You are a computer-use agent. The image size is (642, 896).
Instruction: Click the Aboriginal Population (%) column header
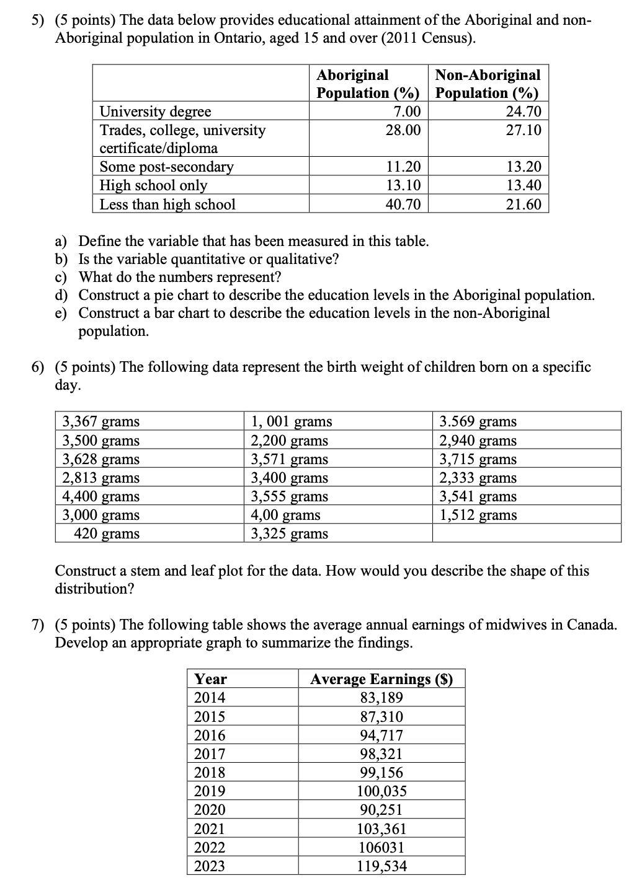(368, 84)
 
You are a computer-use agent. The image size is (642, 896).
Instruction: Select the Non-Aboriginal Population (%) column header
(488, 84)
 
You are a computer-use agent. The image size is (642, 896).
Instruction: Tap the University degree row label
(155, 112)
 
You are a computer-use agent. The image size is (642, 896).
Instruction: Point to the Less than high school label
(167, 204)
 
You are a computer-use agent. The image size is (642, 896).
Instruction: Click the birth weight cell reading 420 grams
(107, 534)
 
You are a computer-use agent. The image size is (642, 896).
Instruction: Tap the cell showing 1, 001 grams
(291, 421)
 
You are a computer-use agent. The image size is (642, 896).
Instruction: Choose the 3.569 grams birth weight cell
(478, 421)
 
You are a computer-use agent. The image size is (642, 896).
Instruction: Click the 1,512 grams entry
(478, 515)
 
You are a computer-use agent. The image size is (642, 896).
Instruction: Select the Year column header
(211, 679)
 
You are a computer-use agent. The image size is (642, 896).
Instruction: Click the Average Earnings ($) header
(381, 679)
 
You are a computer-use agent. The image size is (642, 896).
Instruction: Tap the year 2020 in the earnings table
(210, 810)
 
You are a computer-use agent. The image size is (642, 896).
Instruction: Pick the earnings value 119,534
(381, 866)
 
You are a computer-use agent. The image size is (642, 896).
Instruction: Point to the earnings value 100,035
(381, 791)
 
